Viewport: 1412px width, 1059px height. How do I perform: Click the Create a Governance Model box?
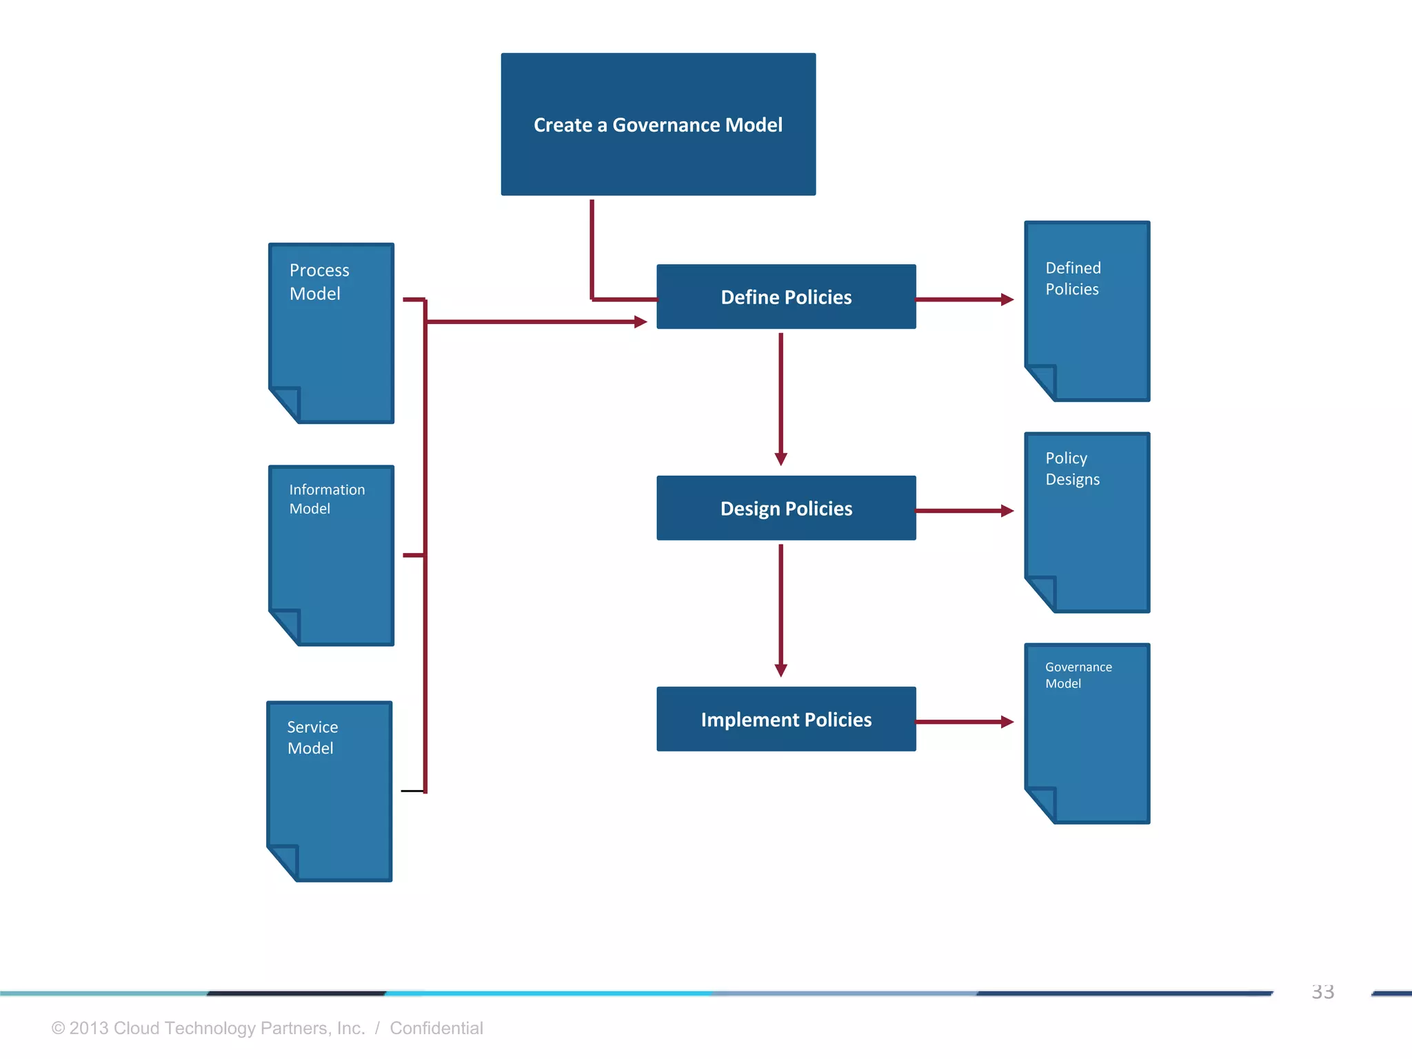click(x=658, y=124)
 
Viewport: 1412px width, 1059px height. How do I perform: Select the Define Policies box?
click(x=786, y=296)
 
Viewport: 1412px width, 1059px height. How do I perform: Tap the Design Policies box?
click(x=786, y=508)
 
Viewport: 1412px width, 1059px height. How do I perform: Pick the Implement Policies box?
click(x=786, y=719)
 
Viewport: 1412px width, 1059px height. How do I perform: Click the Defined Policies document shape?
click(x=1087, y=311)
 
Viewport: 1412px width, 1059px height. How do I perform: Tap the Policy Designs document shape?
click(x=1087, y=523)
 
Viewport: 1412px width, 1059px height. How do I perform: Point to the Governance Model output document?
click(x=1087, y=734)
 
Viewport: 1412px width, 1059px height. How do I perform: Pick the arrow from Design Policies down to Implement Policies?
click(x=780, y=609)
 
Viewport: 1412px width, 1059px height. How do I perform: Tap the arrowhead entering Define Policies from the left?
click(x=641, y=322)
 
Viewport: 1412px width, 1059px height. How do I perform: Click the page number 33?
click(x=1322, y=992)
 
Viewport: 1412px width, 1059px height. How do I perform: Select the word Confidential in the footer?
click(x=436, y=1028)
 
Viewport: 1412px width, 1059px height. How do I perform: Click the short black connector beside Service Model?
click(x=412, y=791)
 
